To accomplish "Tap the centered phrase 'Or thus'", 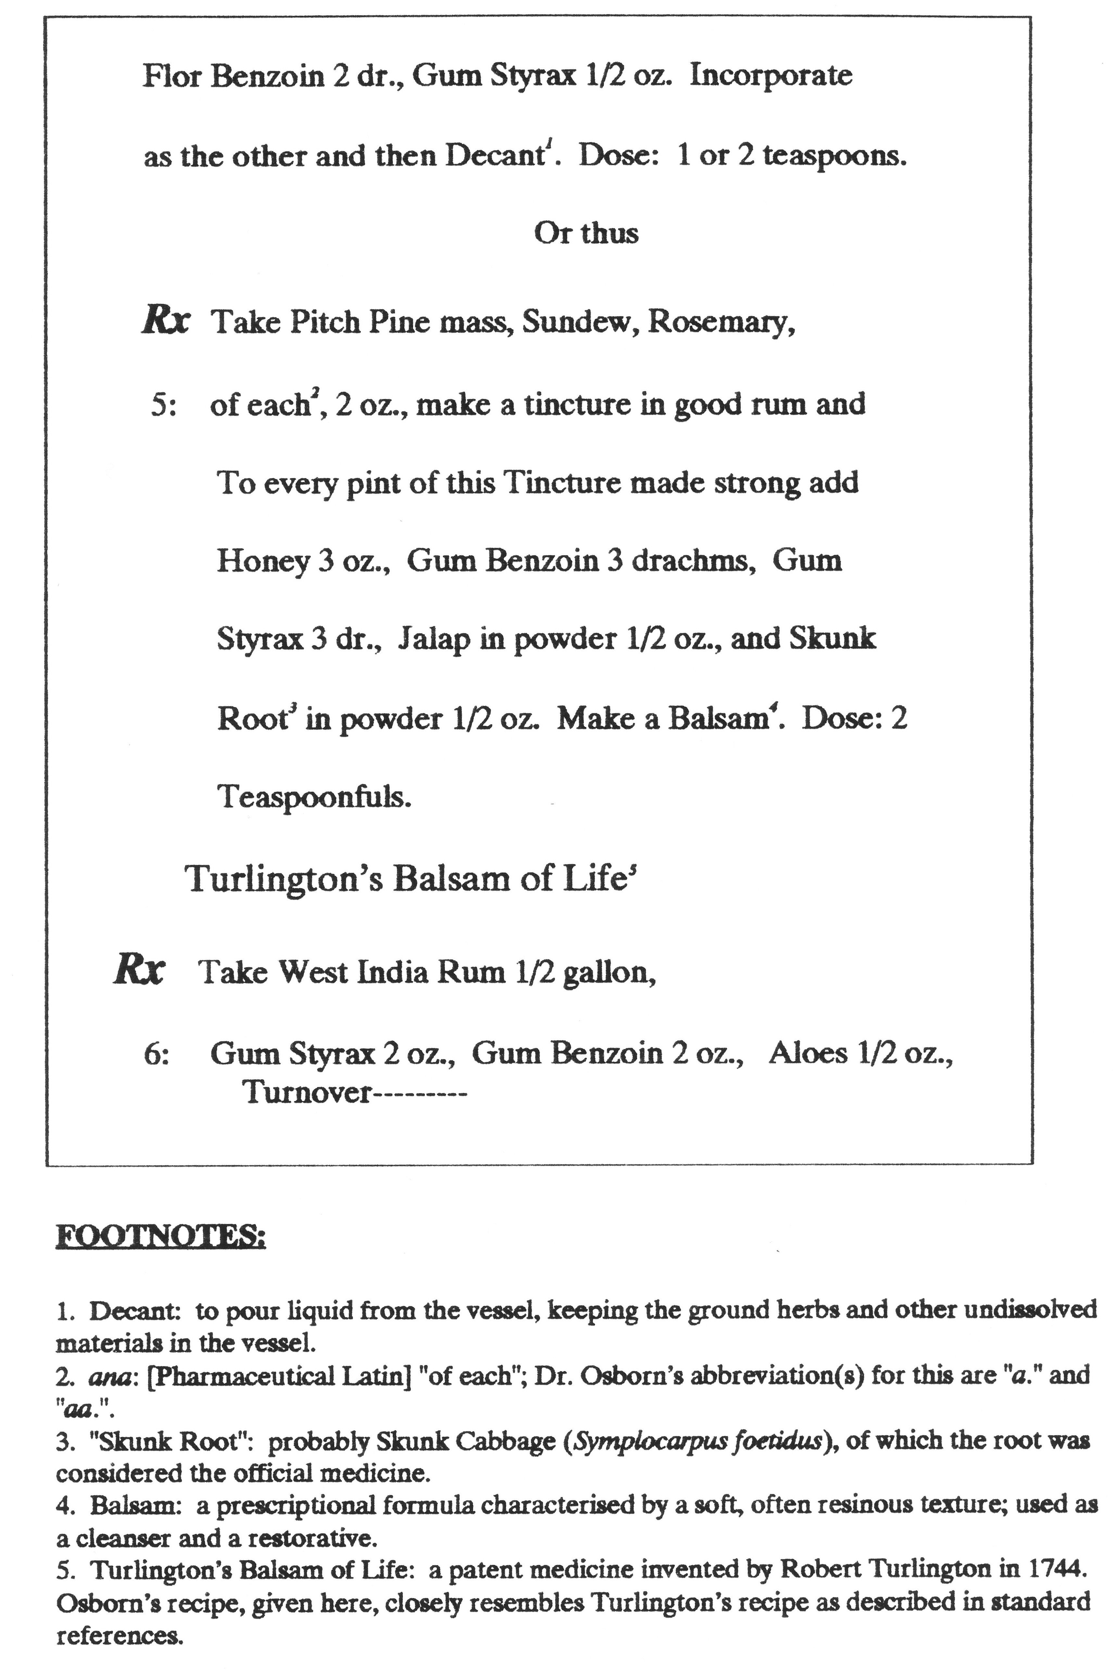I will point(586,233).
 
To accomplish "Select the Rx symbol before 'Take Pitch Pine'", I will point(166,321).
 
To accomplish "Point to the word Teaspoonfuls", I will point(314,797).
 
